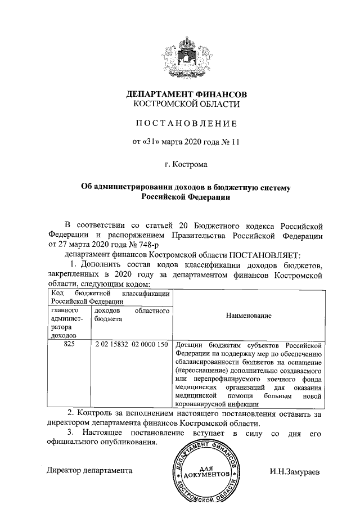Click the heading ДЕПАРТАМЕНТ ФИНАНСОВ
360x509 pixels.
coord(186,93)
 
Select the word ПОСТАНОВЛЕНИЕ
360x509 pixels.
coord(186,123)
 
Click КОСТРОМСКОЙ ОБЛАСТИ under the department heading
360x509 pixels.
coord(186,103)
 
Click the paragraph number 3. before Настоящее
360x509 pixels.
coord(70,432)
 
